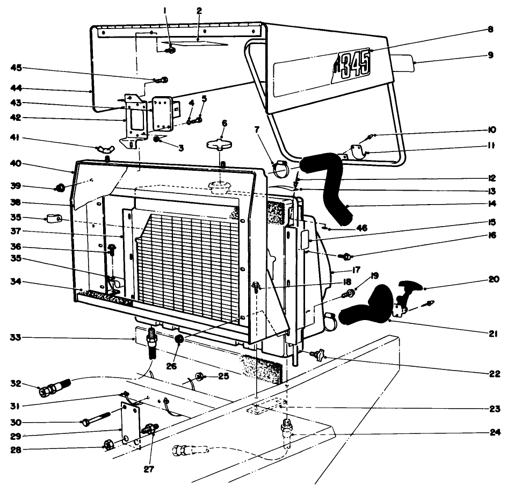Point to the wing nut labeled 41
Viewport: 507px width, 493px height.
tap(104, 148)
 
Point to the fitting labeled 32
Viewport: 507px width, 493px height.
tap(54, 389)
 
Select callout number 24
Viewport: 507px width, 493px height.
tap(490, 433)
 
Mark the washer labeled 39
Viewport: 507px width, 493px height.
tap(60, 188)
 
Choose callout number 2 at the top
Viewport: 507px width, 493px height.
tap(199, 10)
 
